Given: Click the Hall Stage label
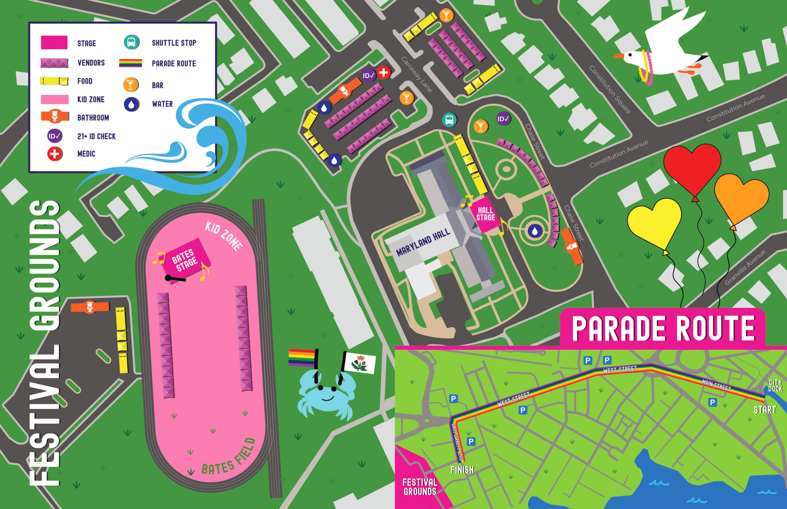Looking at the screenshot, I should click(485, 214).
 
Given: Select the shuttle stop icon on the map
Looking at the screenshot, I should click(449, 120).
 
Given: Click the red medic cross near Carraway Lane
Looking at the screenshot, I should click(383, 73).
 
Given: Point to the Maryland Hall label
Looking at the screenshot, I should click(423, 243).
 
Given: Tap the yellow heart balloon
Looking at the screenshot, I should click(654, 223).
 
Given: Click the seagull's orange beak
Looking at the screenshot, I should click(618, 56).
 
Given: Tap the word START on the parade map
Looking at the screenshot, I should click(765, 410).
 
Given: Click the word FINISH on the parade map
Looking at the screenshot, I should click(462, 469).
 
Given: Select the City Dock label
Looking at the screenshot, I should click(775, 385).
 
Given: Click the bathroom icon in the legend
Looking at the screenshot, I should click(55, 116).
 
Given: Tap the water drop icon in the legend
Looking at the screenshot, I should click(132, 104).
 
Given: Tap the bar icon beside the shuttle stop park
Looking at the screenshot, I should click(481, 126).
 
